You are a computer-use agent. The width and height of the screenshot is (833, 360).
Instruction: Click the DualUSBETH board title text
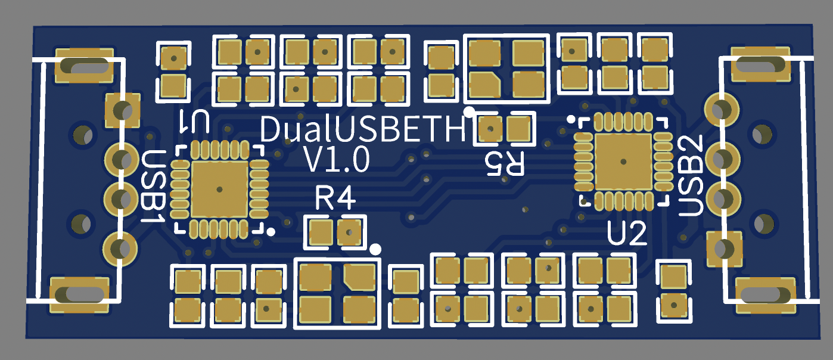click(x=363, y=129)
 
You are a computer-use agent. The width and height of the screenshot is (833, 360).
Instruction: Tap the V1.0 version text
click(x=337, y=160)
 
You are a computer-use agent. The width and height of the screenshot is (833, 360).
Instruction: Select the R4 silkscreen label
click(x=335, y=198)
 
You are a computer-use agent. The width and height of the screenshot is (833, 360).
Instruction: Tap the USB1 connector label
click(x=153, y=187)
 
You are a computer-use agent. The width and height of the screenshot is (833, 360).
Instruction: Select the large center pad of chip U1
click(x=219, y=190)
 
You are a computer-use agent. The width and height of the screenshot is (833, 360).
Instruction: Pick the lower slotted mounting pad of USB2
click(x=766, y=294)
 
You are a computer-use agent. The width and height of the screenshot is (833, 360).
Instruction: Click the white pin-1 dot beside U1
click(x=271, y=232)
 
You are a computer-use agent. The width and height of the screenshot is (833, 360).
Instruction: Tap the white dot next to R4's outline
click(x=375, y=249)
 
